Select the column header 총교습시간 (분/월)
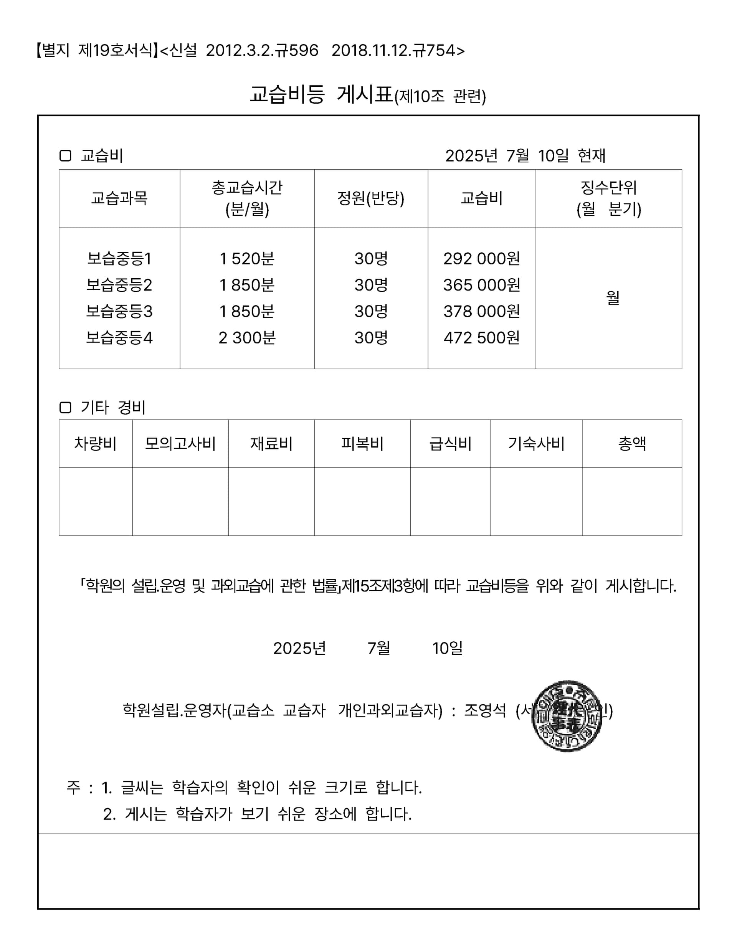click(x=247, y=198)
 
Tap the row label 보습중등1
click(x=119, y=259)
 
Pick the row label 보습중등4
click(x=119, y=338)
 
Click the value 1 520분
click(x=247, y=259)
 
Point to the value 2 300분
click(x=247, y=338)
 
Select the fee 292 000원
click(x=481, y=259)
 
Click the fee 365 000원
click(x=481, y=285)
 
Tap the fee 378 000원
click(x=481, y=311)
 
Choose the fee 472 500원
click(x=481, y=338)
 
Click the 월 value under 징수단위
click(x=612, y=298)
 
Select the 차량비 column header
click(x=96, y=444)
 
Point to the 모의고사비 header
click(x=180, y=444)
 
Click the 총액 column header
click(x=632, y=444)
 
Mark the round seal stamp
click(x=567, y=716)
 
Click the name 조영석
click(x=485, y=710)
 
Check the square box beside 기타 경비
click(x=65, y=408)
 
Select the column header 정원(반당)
click(x=371, y=198)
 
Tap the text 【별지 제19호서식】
click(x=96, y=51)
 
